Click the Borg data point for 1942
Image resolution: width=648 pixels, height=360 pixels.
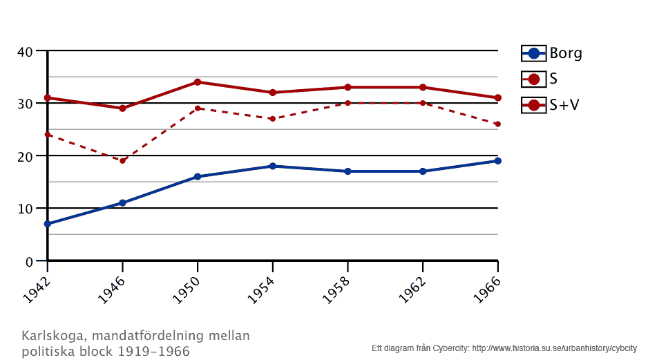pyautogui.click(x=48, y=224)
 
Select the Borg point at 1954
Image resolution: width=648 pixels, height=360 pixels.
pyautogui.click(x=273, y=166)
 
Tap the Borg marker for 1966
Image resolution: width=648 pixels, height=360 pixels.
pyautogui.click(x=497, y=161)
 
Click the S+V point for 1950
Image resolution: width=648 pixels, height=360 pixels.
pyautogui.click(x=198, y=82)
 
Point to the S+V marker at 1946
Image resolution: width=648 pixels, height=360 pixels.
pyautogui.click(x=122, y=108)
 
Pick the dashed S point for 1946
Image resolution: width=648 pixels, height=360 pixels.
pyautogui.click(x=122, y=161)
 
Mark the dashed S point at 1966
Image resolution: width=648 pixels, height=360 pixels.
pyautogui.click(x=497, y=124)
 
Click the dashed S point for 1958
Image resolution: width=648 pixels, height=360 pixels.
pyautogui.click(x=347, y=103)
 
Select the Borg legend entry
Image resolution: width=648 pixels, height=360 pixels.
pyautogui.click(x=565, y=53)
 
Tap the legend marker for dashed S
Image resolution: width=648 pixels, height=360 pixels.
pyautogui.click(x=533, y=79)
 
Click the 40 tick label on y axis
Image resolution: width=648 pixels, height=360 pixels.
pyautogui.click(x=25, y=51)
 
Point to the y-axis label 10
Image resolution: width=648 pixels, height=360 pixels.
pyautogui.click(x=25, y=209)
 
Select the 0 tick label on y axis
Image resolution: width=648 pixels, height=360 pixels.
pyautogui.click(x=29, y=262)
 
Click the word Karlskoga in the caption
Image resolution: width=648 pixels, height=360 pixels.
pyautogui.click(x=55, y=337)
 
